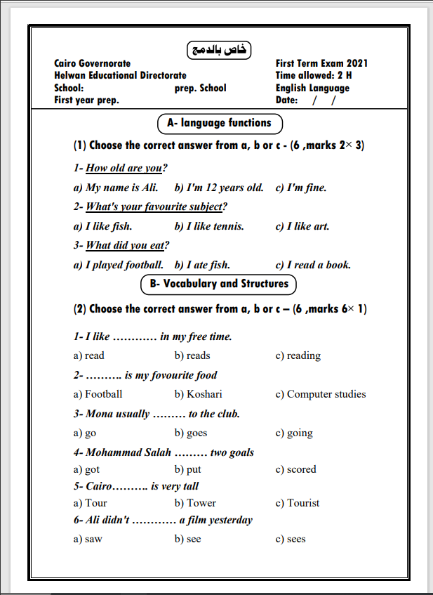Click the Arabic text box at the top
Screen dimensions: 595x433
(x=219, y=50)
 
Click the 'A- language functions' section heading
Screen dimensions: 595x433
(x=220, y=123)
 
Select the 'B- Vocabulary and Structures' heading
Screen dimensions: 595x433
(x=219, y=284)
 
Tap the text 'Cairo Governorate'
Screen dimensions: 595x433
(x=92, y=63)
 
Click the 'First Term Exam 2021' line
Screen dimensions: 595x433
(x=322, y=63)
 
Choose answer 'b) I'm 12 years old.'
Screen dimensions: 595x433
(x=219, y=188)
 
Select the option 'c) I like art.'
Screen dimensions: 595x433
(x=302, y=226)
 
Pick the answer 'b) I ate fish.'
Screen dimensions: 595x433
(x=202, y=265)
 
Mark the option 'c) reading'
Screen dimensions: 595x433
(x=298, y=355)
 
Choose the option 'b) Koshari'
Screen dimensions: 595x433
(x=199, y=394)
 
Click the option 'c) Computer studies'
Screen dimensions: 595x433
(x=320, y=394)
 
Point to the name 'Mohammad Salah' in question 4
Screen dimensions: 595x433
(x=128, y=452)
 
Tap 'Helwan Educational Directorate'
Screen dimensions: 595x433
(x=120, y=75)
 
